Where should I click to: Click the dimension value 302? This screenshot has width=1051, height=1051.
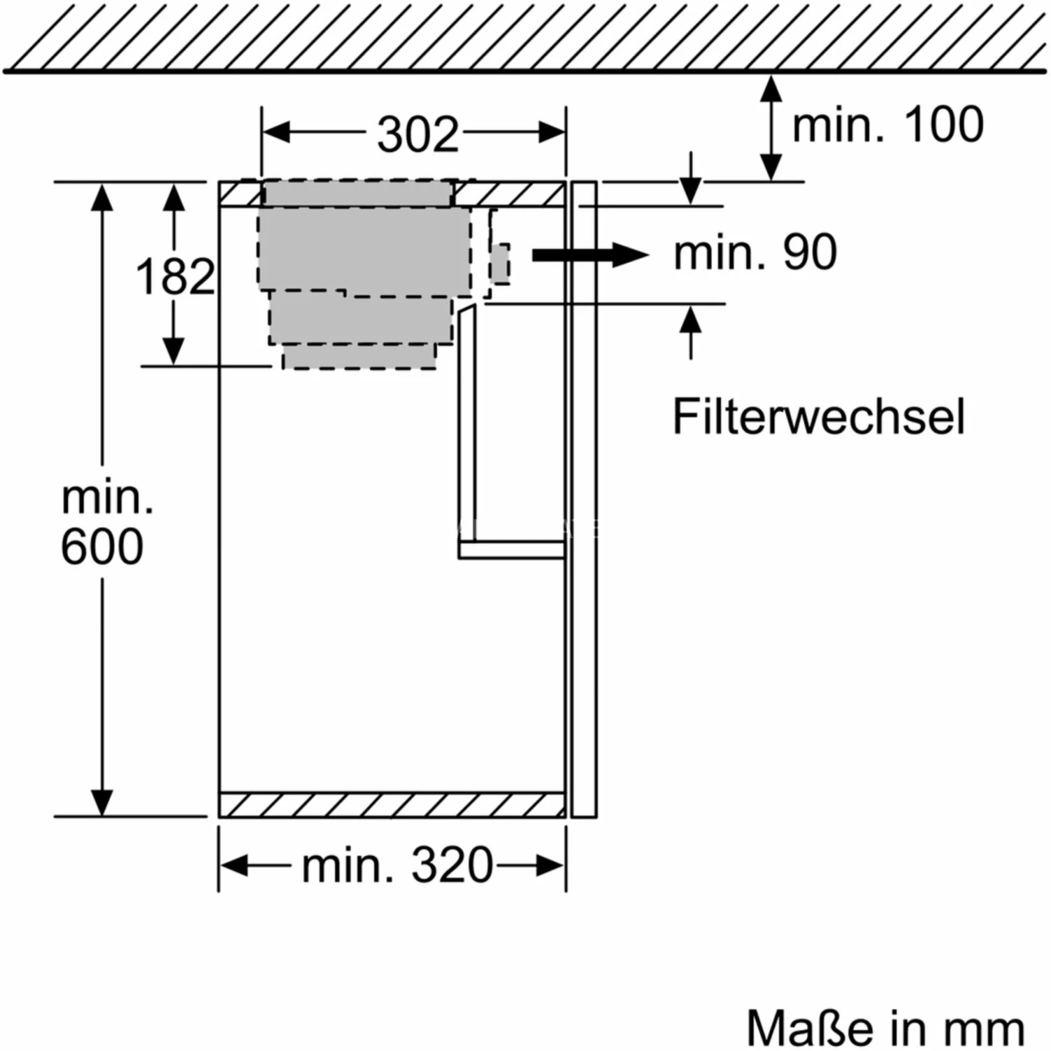(x=418, y=134)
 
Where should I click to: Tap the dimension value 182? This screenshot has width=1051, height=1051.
(x=174, y=276)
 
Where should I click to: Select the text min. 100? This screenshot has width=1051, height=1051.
(x=888, y=125)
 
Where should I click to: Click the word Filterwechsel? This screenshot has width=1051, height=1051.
(x=818, y=417)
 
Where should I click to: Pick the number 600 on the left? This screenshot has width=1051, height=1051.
(x=102, y=547)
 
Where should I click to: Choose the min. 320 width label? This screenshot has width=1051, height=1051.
(x=397, y=865)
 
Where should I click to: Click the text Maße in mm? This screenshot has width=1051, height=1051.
(x=886, y=1029)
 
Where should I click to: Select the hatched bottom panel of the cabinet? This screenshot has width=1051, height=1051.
(x=392, y=805)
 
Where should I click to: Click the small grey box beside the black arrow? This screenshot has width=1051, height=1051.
(x=500, y=263)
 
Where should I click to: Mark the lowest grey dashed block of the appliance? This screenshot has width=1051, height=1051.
(x=359, y=357)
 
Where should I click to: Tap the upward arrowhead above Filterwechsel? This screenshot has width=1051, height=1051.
(x=691, y=321)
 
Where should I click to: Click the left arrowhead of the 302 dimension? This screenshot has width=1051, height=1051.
(x=275, y=132)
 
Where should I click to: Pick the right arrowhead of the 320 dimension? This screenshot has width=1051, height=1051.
(x=551, y=866)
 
